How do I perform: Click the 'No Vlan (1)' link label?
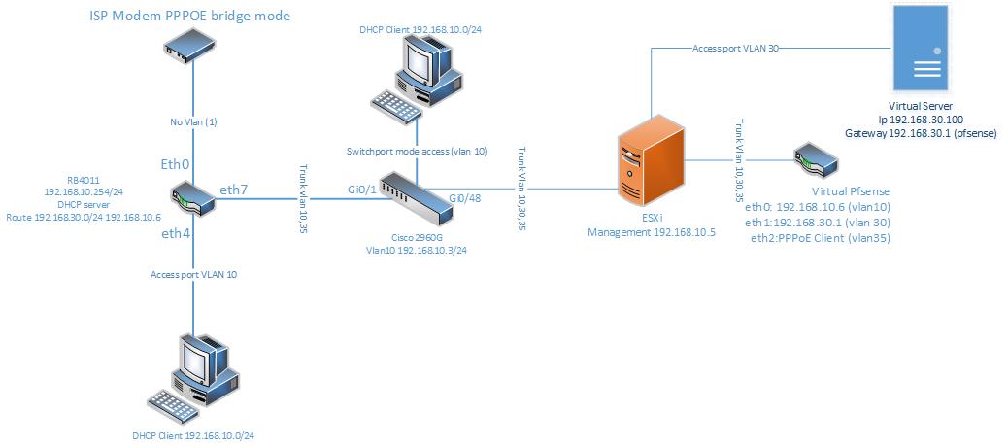pyautogui.click(x=190, y=121)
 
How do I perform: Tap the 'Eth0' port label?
pyautogui.click(x=175, y=164)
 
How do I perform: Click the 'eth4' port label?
pyautogui.click(x=176, y=234)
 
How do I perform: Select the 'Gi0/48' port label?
pyautogui.click(x=464, y=198)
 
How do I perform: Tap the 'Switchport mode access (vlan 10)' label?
pyautogui.click(x=417, y=152)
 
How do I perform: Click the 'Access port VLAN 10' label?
pyautogui.click(x=194, y=275)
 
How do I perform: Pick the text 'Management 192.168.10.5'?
pyautogui.click(x=652, y=233)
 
